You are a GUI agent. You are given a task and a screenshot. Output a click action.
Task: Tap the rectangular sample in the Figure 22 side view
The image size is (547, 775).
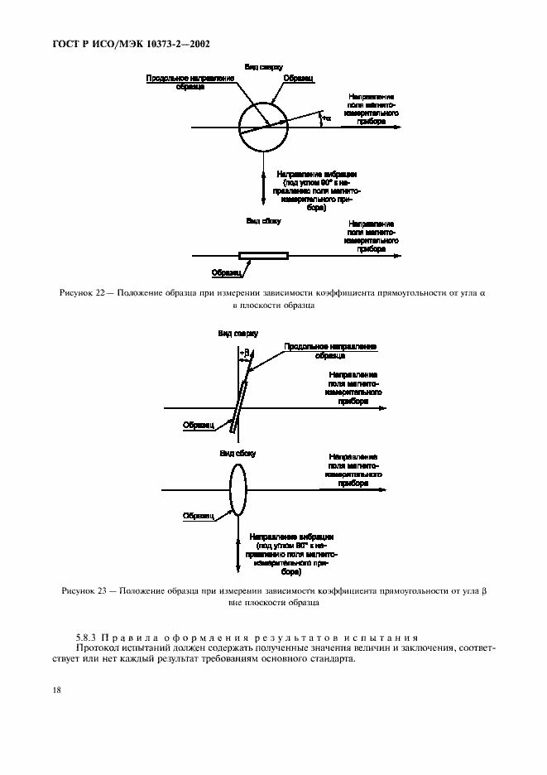[x=263, y=256]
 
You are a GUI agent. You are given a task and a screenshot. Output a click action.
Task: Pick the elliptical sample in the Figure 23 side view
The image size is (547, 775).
[x=238, y=490]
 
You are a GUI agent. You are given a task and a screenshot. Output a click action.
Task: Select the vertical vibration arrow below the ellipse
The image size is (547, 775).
[x=238, y=546]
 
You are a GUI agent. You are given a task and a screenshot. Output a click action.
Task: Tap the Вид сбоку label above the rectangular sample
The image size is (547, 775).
[x=263, y=221]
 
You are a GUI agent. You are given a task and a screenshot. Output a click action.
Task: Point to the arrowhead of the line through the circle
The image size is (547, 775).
[x=398, y=128]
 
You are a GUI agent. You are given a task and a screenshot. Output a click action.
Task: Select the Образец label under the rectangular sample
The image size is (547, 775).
[x=225, y=272]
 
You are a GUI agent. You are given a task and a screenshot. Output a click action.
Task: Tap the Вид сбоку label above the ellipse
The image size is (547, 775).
[x=238, y=454]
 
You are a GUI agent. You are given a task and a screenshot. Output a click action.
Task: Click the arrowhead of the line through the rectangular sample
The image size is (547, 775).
[x=398, y=256]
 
